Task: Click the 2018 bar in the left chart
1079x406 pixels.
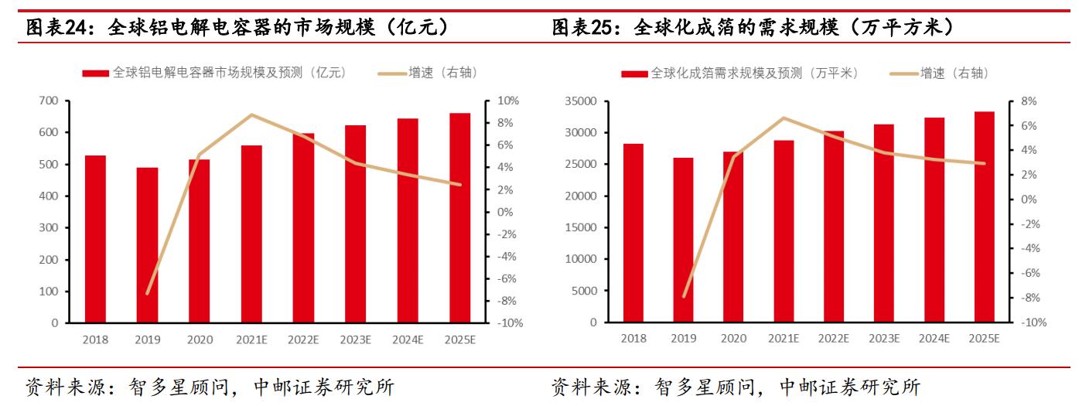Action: click(95, 239)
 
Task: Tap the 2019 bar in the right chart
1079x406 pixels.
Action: click(683, 240)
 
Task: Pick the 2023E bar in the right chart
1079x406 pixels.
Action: click(884, 223)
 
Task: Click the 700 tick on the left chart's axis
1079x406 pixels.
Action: click(49, 101)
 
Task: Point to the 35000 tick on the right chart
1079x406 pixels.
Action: click(581, 101)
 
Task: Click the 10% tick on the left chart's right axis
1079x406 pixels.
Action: click(509, 101)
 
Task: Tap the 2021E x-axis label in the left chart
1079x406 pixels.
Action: click(251, 339)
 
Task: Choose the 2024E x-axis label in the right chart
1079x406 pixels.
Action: click(934, 339)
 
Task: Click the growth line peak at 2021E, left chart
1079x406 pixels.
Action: click(251, 115)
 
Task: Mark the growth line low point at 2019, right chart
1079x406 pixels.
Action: click(684, 296)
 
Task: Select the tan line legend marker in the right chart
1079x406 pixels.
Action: click(903, 73)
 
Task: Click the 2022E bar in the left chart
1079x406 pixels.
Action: click(303, 228)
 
